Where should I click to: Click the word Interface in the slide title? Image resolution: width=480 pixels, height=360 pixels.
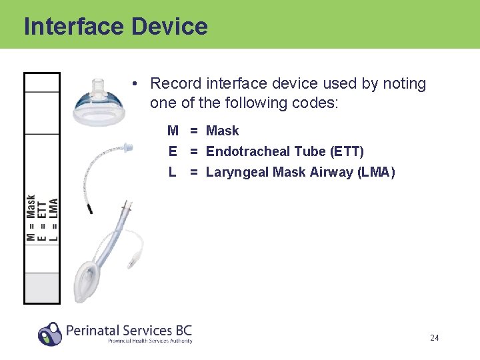point(74,27)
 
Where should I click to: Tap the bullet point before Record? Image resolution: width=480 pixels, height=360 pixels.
point(135,84)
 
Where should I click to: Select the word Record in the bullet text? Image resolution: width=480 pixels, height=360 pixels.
point(176,84)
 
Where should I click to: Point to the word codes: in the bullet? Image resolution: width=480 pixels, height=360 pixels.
point(317,103)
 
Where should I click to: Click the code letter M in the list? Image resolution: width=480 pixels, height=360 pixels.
point(173,131)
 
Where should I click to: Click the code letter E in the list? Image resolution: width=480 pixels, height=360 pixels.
point(173,152)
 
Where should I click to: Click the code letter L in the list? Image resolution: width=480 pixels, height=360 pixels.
point(173,173)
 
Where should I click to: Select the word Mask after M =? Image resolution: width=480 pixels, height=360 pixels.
point(222,131)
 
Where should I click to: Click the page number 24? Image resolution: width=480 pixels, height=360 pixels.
point(434,338)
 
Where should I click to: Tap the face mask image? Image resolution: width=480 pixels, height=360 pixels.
point(101,107)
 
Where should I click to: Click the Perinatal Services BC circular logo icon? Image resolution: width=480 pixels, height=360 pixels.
point(50,333)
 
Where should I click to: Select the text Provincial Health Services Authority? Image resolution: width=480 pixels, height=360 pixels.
point(150,341)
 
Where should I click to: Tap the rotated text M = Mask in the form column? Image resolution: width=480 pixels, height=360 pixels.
point(31,217)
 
